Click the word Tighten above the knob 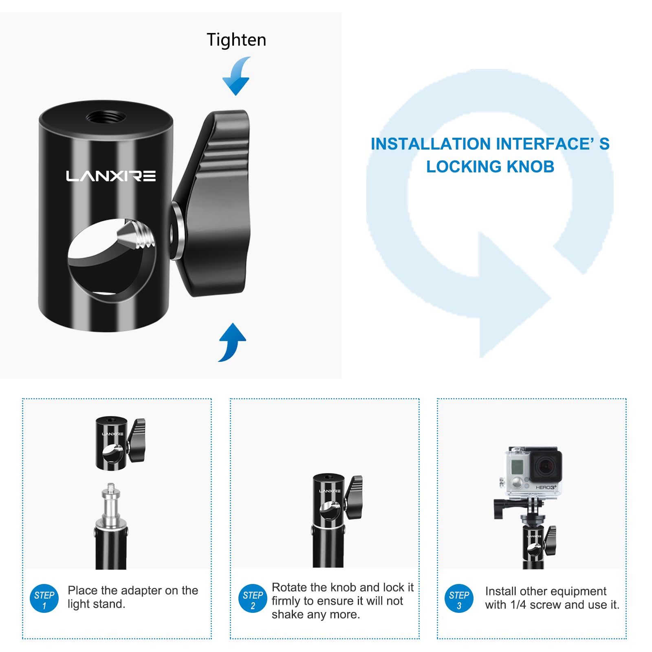(x=236, y=40)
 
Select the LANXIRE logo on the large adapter (x=111, y=176)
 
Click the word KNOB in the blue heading (x=531, y=167)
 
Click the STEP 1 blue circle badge (x=44, y=599)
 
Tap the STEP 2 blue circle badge (x=253, y=599)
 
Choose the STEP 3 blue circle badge (x=459, y=599)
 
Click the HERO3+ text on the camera (x=546, y=487)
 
